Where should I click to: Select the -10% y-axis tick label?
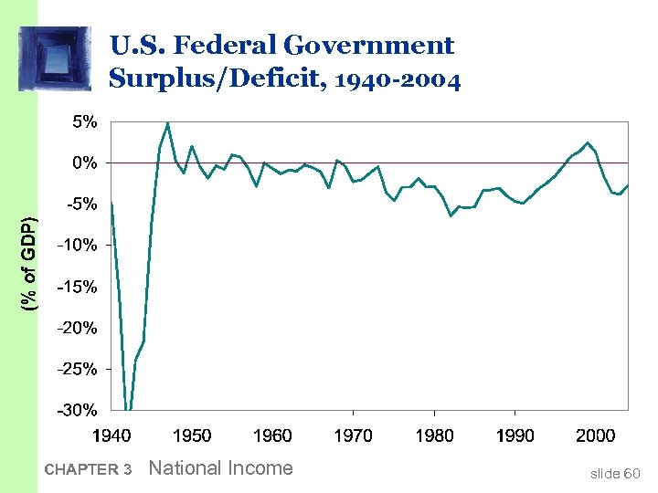78,245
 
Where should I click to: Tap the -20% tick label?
78,328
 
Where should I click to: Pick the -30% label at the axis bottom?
78,410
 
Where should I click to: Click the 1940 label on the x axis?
111,435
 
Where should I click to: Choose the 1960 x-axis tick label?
272,435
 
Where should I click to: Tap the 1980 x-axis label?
434,435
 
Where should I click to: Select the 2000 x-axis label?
595,435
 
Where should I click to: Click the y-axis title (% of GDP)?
30,265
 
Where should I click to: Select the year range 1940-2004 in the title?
398,80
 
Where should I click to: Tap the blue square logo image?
55,58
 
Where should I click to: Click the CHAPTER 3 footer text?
88,470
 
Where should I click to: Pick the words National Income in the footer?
220,468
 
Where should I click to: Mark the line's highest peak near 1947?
167,123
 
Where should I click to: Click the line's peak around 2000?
589,142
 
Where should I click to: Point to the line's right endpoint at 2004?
627,185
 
